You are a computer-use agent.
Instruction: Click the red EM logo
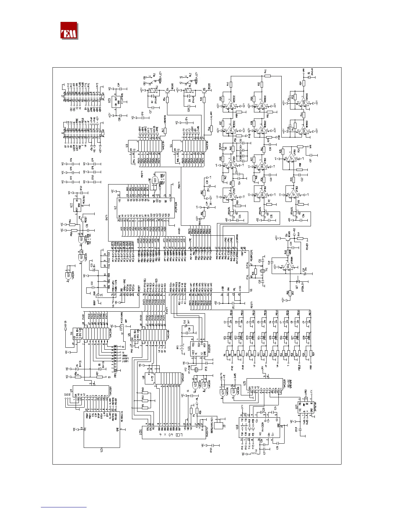click(69, 31)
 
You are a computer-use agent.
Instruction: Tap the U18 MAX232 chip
click(261, 427)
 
